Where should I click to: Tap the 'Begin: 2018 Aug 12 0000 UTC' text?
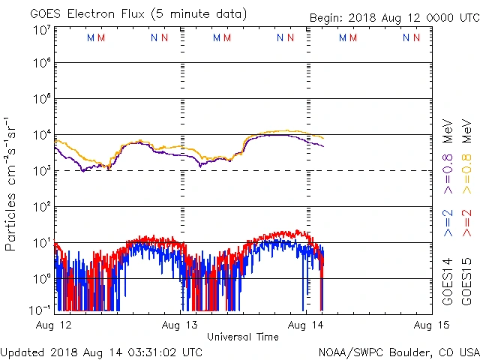click(x=394, y=19)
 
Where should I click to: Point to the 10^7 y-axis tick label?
click(x=41, y=31)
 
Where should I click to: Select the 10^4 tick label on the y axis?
click(x=41, y=135)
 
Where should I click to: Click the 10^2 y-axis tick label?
click(x=41, y=206)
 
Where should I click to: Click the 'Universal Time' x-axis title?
click(x=242, y=337)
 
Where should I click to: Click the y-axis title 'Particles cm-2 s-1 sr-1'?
click(x=12, y=184)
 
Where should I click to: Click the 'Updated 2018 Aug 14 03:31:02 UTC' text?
click(x=101, y=351)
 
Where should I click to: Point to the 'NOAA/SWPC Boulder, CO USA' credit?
click(x=398, y=351)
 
